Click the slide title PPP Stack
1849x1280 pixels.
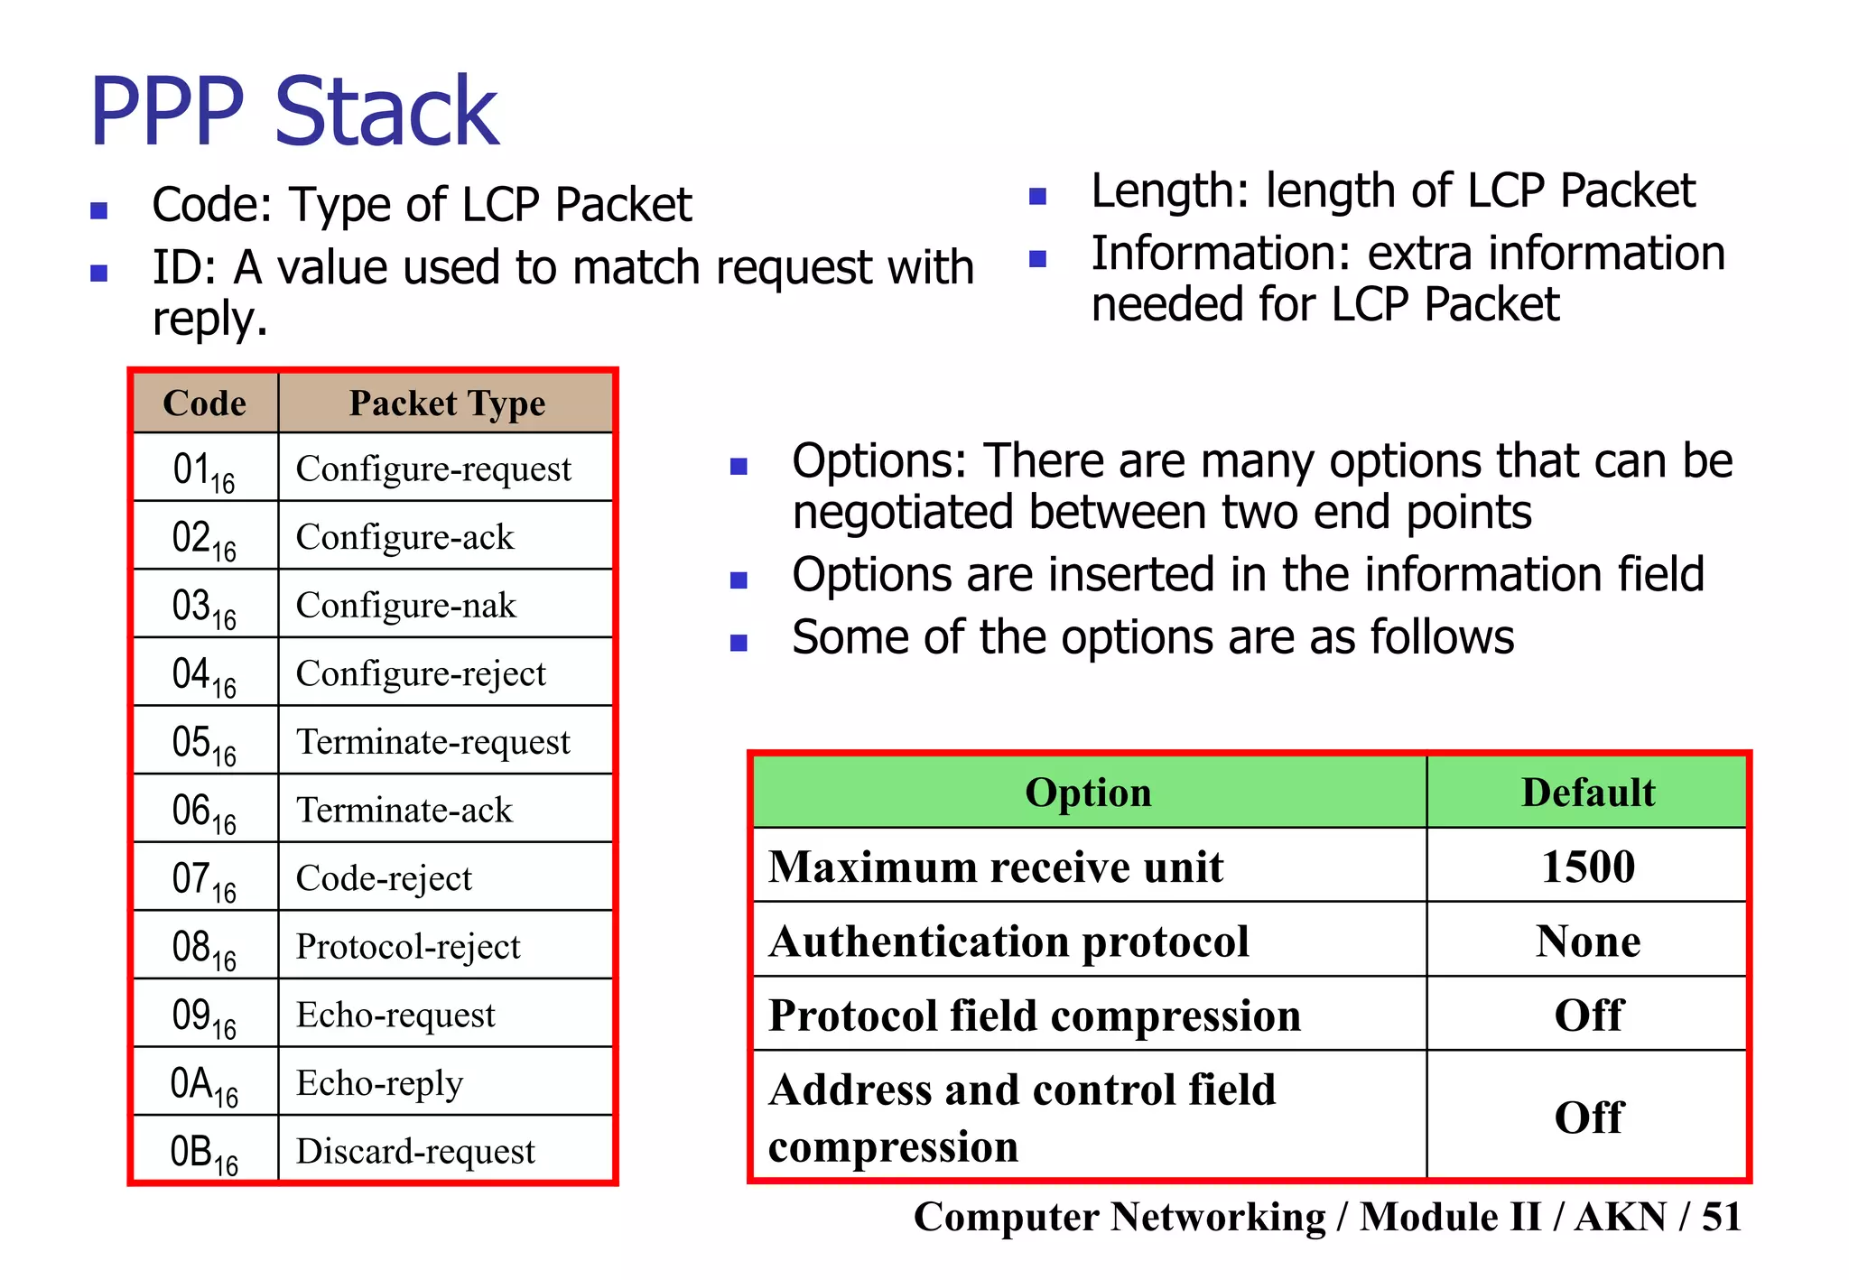[294, 112]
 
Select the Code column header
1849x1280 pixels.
[205, 403]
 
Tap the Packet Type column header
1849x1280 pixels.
[447, 403]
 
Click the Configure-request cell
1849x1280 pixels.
[433, 468]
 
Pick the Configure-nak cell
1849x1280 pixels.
[406, 605]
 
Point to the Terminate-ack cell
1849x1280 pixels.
[404, 810]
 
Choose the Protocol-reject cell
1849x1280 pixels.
[408, 946]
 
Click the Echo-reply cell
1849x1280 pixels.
[379, 1082]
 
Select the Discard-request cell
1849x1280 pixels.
[415, 1151]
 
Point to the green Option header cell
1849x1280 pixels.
[1088, 793]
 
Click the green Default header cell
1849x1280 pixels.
[1588, 793]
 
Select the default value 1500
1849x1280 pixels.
[1588, 867]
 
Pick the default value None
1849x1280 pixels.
[1588, 941]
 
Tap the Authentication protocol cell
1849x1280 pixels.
[1008, 941]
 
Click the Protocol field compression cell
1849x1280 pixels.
[1035, 1016]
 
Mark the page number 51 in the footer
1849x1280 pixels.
[1721, 1217]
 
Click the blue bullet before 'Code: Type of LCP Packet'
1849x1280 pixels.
[99, 211]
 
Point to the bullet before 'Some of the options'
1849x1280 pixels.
[739, 643]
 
